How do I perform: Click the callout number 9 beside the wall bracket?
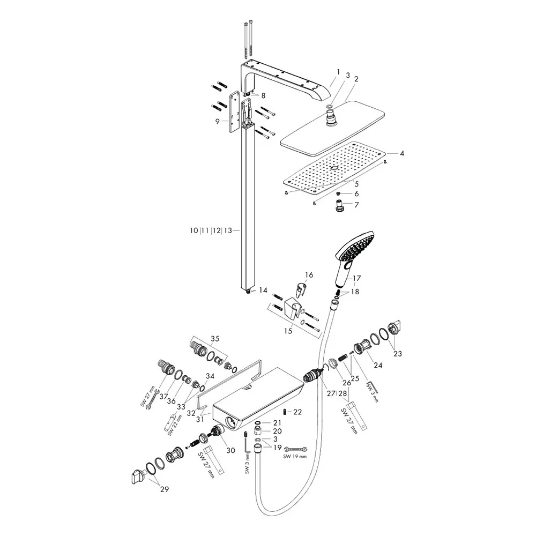coord(218,121)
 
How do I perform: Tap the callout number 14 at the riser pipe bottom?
coord(263,290)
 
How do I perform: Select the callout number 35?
coord(215,339)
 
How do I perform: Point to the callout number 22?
coord(297,412)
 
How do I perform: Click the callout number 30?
coord(230,451)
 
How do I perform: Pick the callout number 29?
coord(165,489)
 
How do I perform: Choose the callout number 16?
coord(309,275)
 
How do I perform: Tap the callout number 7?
coord(356,205)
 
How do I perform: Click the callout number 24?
coord(378,365)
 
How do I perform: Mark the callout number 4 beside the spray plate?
coord(402,153)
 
